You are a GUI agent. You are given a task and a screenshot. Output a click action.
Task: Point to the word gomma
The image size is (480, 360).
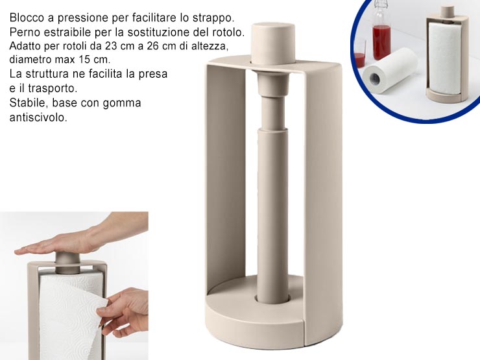pyautogui.click(x=123, y=102)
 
